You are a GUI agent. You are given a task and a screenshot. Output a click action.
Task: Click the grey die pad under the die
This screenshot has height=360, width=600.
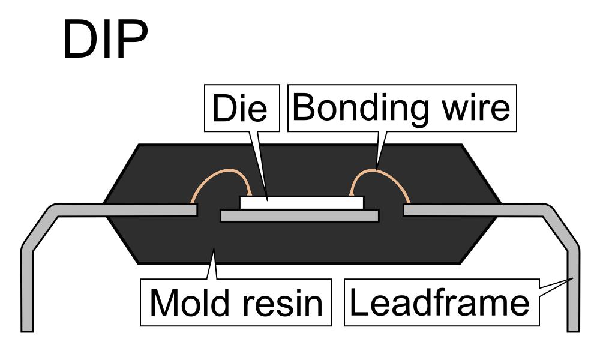click(x=300, y=215)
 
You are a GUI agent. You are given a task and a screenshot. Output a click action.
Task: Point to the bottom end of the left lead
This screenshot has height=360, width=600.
click(x=27, y=327)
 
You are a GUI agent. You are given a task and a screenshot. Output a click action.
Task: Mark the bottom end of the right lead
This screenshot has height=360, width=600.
click(x=573, y=327)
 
